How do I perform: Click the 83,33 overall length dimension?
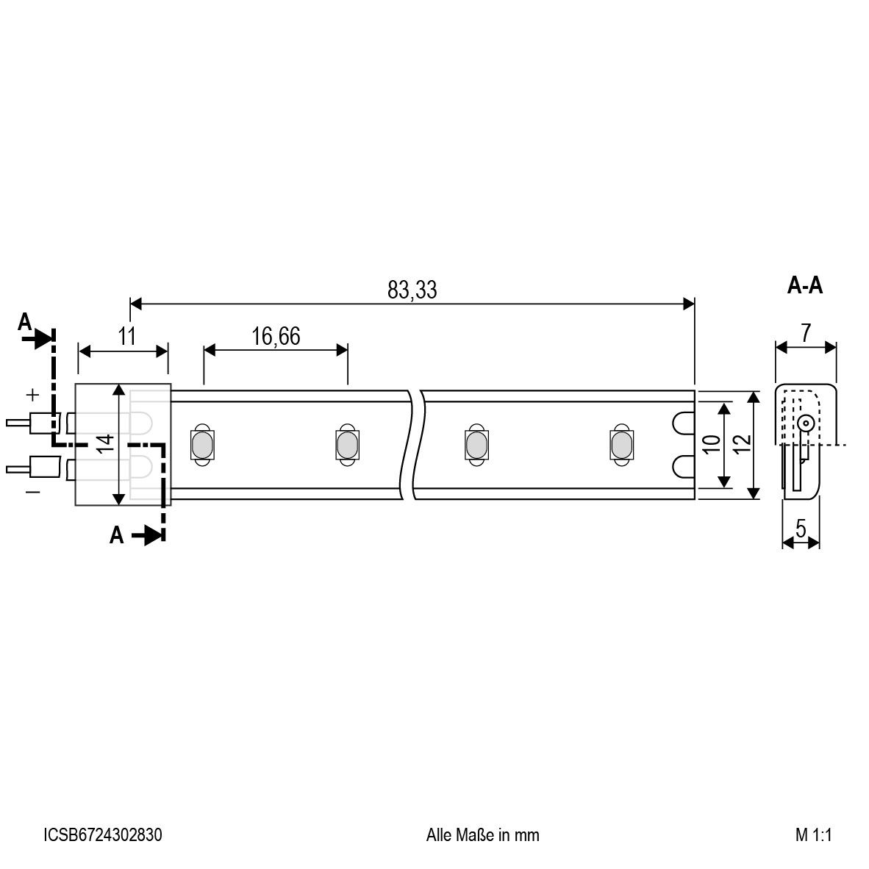pyautogui.click(x=412, y=290)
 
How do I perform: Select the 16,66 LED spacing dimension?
pyautogui.click(x=276, y=337)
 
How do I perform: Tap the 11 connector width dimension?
pyautogui.click(x=127, y=337)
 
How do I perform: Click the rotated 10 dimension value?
pyautogui.click(x=709, y=444)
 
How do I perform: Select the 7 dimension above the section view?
pyautogui.click(x=806, y=333)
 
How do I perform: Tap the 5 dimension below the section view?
pyautogui.click(x=801, y=528)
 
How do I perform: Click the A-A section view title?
pyautogui.click(x=805, y=286)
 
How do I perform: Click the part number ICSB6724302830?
pyautogui.click(x=103, y=835)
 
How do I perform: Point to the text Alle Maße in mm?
pyautogui.click(x=482, y=835)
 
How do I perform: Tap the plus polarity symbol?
pyautogui.click(x=32, y=395)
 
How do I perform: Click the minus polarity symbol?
pyautogui.click(x=32, y=491)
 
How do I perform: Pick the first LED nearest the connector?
pyautogui.click(x=200, y=444)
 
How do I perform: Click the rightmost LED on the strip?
pyautogui.click(x=620, y=444)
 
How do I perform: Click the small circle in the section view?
pyautogui.click(x=806, y=423)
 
